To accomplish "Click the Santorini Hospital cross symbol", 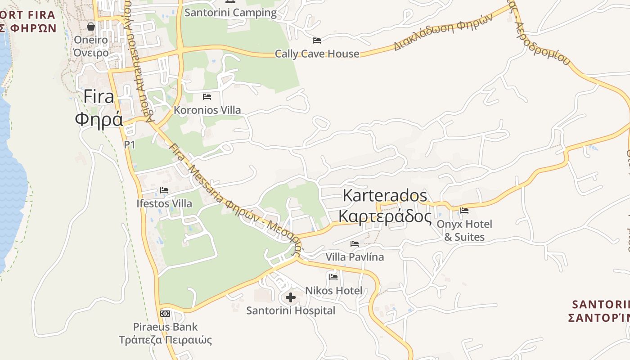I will (291, 297).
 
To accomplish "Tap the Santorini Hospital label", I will (291, 310).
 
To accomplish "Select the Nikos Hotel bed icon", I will (333, 277).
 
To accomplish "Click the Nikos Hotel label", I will (333, 291).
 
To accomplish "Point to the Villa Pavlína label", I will (355, 257).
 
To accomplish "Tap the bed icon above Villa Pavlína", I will (355, 243).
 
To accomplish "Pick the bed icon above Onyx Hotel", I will (464, 210).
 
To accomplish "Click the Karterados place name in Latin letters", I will (385, 196).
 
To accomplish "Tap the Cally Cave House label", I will (317, 54).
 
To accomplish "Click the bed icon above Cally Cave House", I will (317, 40).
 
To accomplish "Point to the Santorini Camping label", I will (230, 13).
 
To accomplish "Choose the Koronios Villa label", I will (207, 110).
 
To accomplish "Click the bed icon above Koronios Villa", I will (207, 96).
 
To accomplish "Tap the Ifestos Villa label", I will (164, 203).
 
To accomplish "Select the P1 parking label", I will (130, 144).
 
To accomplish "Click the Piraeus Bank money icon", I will (165, 313).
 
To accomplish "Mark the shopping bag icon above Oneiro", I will (91, 27).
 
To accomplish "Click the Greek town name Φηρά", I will (99, 119).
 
